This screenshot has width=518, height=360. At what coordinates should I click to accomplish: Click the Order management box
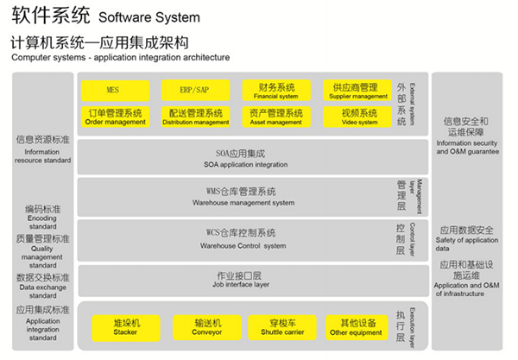pos(115,117)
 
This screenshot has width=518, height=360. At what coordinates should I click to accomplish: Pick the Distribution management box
pos(195,117)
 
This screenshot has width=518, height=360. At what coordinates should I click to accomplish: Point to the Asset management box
pos(275,117)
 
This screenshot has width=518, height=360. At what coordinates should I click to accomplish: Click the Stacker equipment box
pos(126,327)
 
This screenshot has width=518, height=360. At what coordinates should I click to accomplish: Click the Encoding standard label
pos(42,217)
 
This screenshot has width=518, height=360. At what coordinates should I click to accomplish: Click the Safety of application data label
pos(466,237)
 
